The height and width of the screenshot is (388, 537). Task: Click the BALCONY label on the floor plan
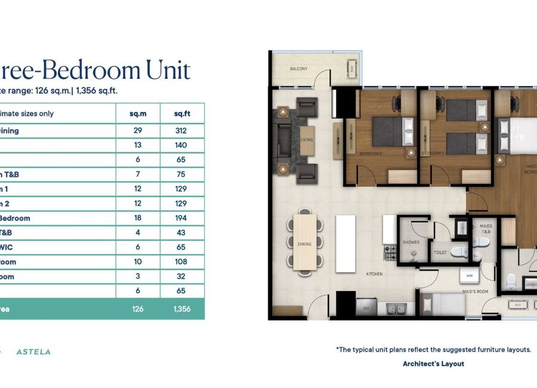coord(299,69)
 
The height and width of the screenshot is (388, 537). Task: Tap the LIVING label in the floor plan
coord(307,140)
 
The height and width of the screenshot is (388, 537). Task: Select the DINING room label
coord(304,244)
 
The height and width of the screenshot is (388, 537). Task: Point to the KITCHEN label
coord(375,274)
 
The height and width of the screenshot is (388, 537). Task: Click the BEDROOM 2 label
coord(370,153)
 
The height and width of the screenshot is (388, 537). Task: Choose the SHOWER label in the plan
coord(411,242)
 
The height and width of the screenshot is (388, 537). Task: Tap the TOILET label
coord(440,252)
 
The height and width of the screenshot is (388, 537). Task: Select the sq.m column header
coord(138,113)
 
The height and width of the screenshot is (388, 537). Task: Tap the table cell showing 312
coord(181,131)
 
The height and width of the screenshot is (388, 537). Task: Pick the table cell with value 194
coord(181,218)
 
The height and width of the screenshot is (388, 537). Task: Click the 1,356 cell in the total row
coord(181,309)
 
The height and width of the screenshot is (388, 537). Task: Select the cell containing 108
coord(181,262)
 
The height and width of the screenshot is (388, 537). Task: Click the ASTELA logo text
coord(33,352)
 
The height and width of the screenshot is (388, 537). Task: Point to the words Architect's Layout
coord(433,364)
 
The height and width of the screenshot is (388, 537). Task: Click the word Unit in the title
coord(168,70)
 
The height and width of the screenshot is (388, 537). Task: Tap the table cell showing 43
coord(181,233)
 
